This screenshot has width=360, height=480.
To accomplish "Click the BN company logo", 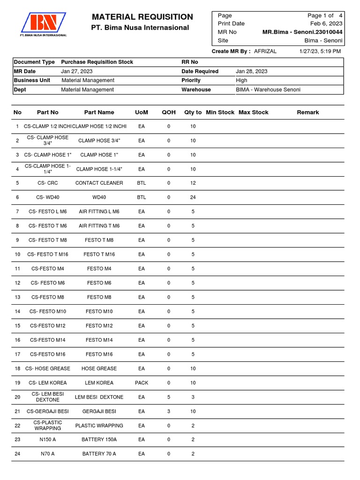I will [43, 24].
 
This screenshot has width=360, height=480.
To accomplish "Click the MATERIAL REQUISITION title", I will [142, 17].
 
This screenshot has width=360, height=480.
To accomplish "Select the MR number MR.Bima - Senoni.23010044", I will [302, 32].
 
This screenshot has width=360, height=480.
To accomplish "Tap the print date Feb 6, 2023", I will [326, 23].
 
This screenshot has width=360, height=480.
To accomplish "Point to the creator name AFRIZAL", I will [265, 51].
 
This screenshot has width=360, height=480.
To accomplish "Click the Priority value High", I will [241, 80].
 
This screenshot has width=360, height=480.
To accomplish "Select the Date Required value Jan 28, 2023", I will [252, 71].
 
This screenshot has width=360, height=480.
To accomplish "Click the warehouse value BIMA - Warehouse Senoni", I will [268, 90].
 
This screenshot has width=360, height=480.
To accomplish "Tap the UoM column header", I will [142, 112].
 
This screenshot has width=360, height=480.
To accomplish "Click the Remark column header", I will [308, 112].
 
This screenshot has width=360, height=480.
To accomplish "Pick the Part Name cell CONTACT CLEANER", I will [99, 183].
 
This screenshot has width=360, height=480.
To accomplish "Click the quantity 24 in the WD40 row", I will [193, 197].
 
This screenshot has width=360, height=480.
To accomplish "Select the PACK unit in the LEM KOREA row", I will [142, 383].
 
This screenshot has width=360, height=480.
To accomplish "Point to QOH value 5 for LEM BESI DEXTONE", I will [169, 397].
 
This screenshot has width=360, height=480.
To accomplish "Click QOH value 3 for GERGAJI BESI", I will [169, 411].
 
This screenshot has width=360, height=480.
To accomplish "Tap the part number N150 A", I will [48, 440].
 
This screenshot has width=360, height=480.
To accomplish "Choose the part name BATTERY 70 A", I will [99, 454].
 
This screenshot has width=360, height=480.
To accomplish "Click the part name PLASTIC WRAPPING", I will [99, 426].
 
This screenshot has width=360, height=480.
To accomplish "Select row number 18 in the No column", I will [17, 369].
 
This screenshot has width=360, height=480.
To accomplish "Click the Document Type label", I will [34, 62].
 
